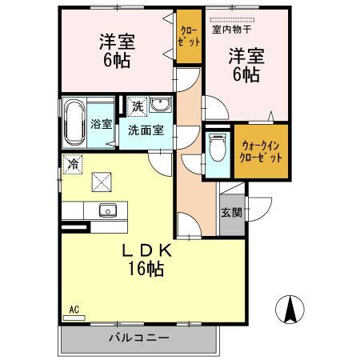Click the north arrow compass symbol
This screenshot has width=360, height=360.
[x=290, y=310]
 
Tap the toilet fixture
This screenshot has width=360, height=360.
[x=218, y=147]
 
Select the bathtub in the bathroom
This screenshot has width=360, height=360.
[x=75, y=122]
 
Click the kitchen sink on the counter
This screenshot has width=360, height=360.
[x=108, y=210]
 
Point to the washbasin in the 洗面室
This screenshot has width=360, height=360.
[x=160, y=104]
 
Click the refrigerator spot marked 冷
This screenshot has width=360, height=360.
[x=73, y=164]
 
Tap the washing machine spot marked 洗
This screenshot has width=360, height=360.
[x=138, y=106]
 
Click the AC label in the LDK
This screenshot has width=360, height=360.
[x=74, y=310]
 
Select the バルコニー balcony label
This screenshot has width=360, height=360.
[x=139, y=338]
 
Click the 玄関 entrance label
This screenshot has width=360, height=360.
[x=231, y=213]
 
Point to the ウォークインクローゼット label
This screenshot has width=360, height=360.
[x=261, y=152]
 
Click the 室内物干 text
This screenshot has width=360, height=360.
[x=232, y=30]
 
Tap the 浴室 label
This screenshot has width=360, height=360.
[x=101, y=124]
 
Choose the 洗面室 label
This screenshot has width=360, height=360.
[x=146, y=130]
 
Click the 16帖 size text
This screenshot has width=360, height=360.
[x=146, y=268]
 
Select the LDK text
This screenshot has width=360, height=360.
[x=146, y=250]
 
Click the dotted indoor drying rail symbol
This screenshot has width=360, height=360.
[x=232, y=20]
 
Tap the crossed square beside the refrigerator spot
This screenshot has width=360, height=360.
[x=102, y=182]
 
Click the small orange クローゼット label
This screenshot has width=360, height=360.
[x=189, y=36]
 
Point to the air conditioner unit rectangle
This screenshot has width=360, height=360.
[x=74, y=318]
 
